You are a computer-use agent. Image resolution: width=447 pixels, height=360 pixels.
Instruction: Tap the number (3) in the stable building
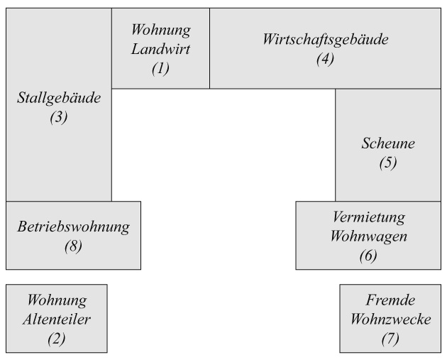click(59, 118)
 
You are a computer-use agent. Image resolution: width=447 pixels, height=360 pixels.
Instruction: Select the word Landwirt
click(161, 50)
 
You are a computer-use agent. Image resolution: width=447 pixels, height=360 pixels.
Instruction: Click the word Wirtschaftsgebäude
click(325, 40)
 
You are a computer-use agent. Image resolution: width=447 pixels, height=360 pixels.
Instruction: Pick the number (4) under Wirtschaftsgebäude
click(325, 59)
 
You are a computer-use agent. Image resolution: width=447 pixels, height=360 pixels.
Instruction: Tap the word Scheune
click(387, 143)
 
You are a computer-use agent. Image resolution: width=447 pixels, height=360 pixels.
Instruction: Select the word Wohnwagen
click(368, 236)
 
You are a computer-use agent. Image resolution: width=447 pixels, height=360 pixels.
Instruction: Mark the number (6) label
click(368, 255)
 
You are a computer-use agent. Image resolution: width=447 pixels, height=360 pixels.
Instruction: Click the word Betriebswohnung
click(73, 228)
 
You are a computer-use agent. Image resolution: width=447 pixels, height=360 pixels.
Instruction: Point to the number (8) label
click(73, 247)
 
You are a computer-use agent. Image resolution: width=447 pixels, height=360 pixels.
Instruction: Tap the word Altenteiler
click(57, 319)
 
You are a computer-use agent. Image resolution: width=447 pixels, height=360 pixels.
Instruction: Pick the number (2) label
click(57, 338)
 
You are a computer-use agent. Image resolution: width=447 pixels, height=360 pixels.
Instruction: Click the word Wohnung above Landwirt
click(161, 31)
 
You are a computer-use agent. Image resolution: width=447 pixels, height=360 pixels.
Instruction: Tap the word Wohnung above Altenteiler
click(57, 300)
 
